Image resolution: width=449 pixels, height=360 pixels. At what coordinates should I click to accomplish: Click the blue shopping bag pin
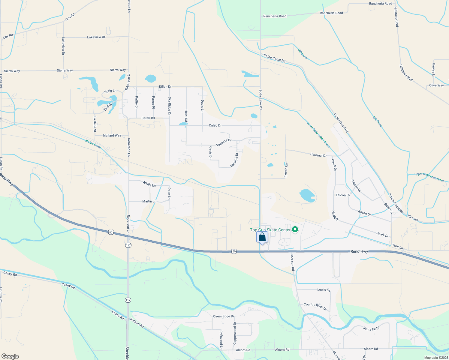coord(262,237)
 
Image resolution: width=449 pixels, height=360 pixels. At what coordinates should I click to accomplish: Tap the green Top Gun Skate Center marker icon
coord(295,230)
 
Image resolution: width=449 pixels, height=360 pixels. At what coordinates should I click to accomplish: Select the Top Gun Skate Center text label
coord(270,230)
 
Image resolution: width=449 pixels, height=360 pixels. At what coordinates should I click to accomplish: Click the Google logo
coord(10,356)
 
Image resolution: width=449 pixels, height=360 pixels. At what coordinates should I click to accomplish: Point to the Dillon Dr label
coord(165,87)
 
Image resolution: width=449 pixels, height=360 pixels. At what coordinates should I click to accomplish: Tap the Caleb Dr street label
coord(215,125)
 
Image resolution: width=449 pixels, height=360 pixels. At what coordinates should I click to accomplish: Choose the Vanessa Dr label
coord(224,142)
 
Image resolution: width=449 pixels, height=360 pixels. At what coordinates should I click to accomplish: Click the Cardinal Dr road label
coord(318,155)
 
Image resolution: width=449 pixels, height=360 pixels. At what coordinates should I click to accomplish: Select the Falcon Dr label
coord(342,195)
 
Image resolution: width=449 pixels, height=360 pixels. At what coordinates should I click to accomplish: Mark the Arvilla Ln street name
coord(149,184)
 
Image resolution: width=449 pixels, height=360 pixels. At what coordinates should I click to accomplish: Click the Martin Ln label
coord(149,201)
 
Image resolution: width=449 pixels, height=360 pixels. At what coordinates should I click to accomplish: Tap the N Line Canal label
coord(93,144)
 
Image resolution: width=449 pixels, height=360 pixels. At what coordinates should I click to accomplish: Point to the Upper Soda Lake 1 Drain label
coord(318,134)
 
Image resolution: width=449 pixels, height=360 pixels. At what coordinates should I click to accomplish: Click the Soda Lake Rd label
coord(261,99)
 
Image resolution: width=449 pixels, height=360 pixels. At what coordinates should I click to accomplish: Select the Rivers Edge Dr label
coord(223,316)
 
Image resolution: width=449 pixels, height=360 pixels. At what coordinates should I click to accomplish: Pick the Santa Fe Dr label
coord(371,328)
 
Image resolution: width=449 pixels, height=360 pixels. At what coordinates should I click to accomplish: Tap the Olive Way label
coord(436,85)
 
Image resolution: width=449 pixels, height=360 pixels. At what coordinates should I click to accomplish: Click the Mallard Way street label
coord(112,136)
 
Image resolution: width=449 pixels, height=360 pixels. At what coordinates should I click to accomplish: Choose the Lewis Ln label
coord(324,290)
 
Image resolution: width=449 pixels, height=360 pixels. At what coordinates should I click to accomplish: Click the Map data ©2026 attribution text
coord(436,358)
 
